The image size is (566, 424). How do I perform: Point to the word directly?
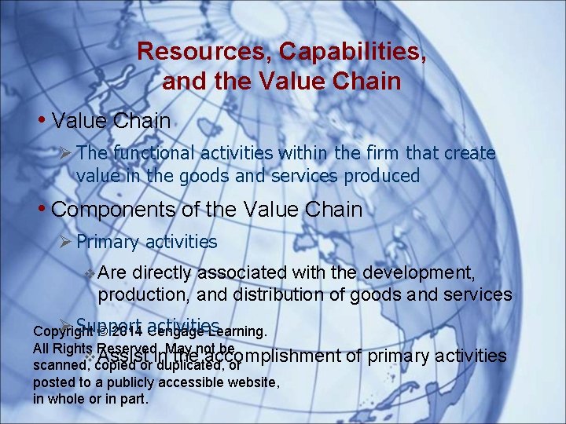(x=163, y=273)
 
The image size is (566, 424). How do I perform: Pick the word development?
(x=428, y=273)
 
